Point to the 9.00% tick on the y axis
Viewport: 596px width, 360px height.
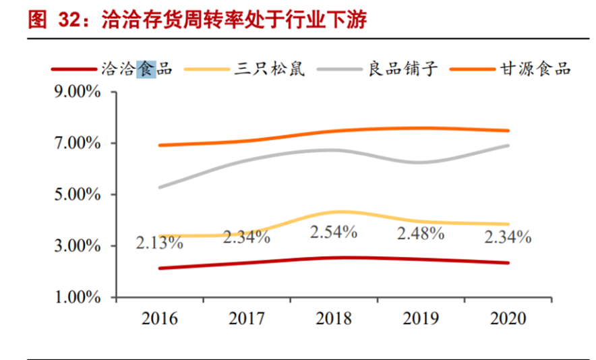(78, 92)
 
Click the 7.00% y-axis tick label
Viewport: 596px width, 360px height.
(78, 144)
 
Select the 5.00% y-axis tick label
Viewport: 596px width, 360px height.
(78, 195)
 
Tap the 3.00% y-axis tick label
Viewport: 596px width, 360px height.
(78, 246)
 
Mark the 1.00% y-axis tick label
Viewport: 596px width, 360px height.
(78, 297)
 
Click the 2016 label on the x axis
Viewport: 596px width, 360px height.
(160, 318)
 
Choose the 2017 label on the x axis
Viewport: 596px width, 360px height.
(247, 318)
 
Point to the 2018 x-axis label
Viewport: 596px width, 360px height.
(334, 318)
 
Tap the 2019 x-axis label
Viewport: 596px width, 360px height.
(421, 318)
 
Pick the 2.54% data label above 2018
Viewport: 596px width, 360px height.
(334, 233)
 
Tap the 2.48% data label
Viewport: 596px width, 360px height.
(421, 235)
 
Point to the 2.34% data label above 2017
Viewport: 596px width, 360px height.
(247, 237)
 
